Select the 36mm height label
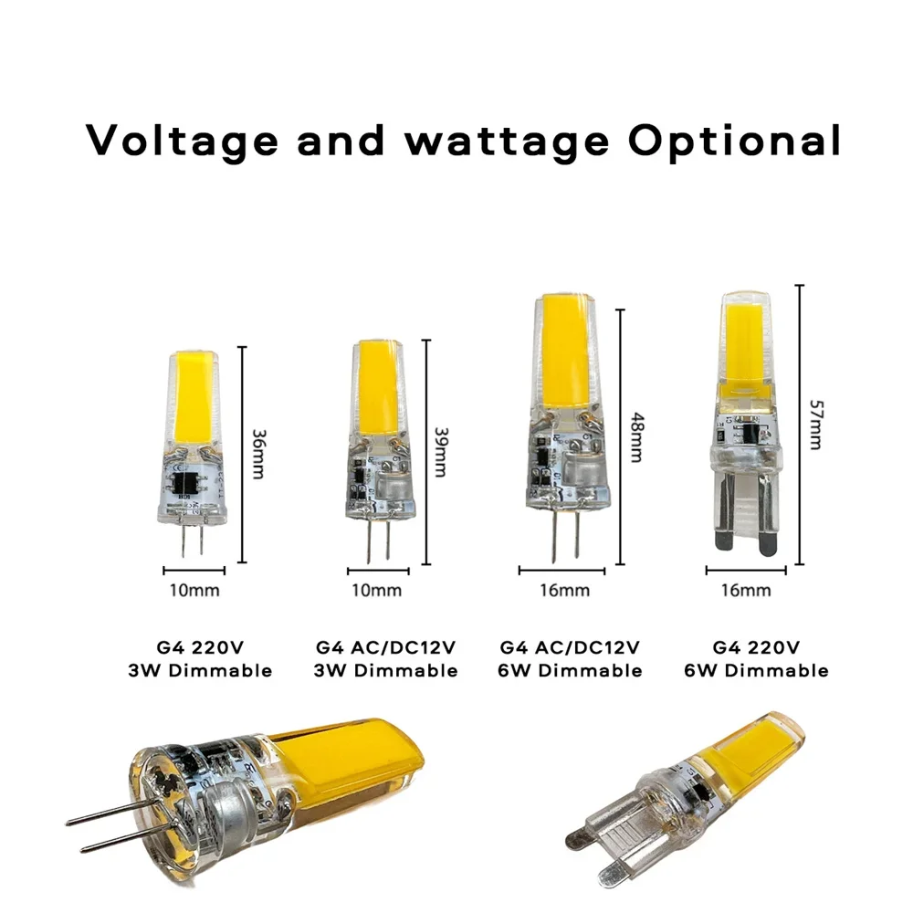(259, 454)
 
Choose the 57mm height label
(815, 424)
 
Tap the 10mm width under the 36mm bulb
(194, 590)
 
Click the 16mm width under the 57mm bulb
(746, 590)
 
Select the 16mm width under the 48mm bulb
(563, 590)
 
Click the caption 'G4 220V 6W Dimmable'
(755, 659)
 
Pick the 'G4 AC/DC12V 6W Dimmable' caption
(571, 659)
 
